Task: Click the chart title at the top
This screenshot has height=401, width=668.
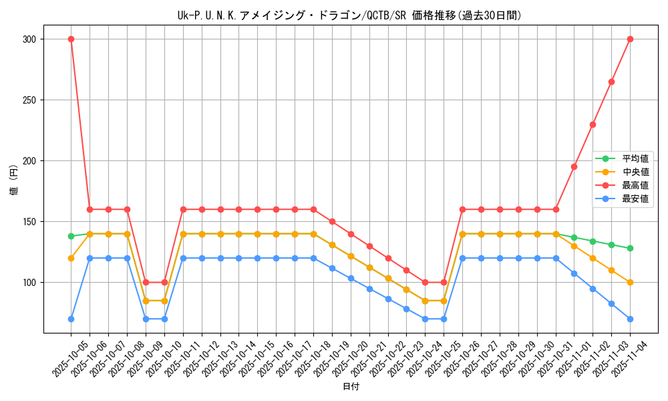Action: [x=349, y=15]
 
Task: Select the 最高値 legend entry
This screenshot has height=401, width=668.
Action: [x=635, y=185]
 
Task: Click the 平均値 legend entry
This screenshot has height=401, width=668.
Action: [x=635, y=158]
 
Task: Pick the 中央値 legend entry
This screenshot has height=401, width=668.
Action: [x=635, y=172]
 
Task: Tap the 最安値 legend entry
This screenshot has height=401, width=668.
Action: [x=635, y=198]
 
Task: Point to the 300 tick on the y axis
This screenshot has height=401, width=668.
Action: [x=29, y=39]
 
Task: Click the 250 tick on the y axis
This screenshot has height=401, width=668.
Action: [x=29, y=100]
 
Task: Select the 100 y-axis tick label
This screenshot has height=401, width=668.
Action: [x=29, y=283]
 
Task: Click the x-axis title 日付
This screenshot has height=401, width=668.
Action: [x=351, y=387]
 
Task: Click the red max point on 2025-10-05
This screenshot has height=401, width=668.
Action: [x=71, y=39]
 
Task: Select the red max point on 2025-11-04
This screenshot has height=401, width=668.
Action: [x=630, y=39]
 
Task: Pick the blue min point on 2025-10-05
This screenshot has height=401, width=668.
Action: [x=71, y=319]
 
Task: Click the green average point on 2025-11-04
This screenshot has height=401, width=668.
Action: [x=630, y=248]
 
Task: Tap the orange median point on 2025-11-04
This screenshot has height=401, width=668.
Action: [x=630, y=282]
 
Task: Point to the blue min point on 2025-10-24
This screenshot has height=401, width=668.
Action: [x=425, y=319]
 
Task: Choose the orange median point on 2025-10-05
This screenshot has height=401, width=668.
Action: [x=71, y=258]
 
